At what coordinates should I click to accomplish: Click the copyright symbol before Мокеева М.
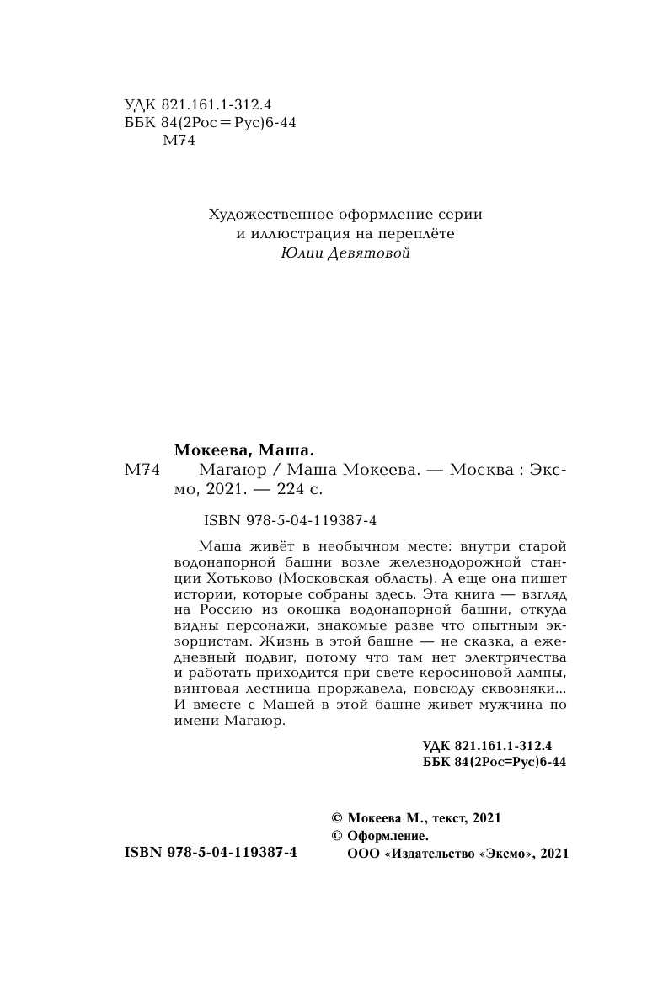338,818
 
